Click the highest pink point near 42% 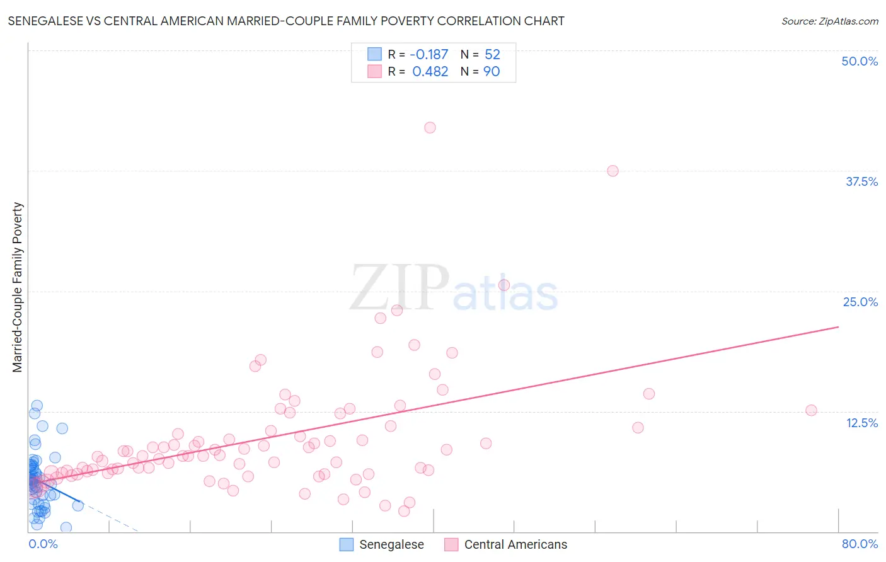(430, 127)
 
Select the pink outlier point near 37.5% (613, 171)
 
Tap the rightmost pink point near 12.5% (811, 410)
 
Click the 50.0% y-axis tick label (860, 61)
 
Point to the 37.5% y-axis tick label (861, 181)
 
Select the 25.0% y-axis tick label (860, 302)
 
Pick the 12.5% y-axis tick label (861, 423)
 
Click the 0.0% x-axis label (43, 544)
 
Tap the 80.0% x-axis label (860, 544)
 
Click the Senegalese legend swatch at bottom (347, 544)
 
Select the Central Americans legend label (515, 544)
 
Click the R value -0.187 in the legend (429, 54)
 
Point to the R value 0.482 (430, 71)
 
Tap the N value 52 (492, 54)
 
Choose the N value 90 (492, 71)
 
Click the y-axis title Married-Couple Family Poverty (17, 287)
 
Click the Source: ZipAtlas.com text (829, 21)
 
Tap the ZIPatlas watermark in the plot (454, 288)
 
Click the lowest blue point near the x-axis (66, 527)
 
